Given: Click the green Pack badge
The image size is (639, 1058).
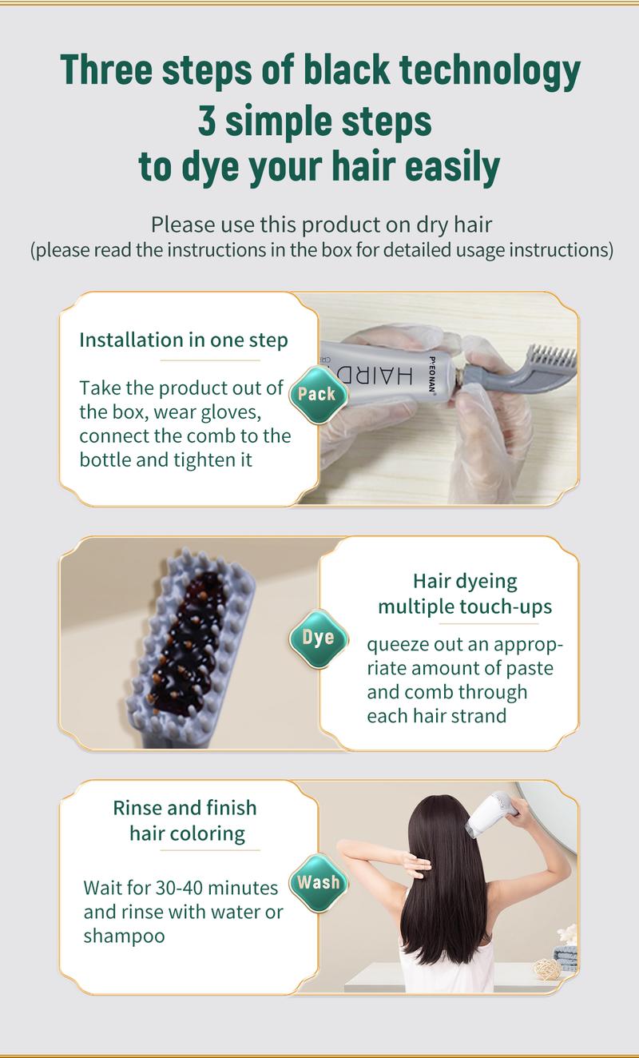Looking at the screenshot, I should tap(317, 393).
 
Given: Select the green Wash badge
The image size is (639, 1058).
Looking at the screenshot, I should tap(318, 883).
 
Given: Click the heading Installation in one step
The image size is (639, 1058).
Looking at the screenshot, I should tap(184, 340).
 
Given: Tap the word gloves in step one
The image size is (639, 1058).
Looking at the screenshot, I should tap(233, 412).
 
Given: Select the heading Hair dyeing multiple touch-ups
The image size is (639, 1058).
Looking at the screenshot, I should tap(464, 594).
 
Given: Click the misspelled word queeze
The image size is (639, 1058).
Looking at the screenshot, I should tap(397, 644).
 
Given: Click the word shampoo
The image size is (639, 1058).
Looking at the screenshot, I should tap(124, 935).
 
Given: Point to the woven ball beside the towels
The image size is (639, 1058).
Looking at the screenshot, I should tap(546, 968).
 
